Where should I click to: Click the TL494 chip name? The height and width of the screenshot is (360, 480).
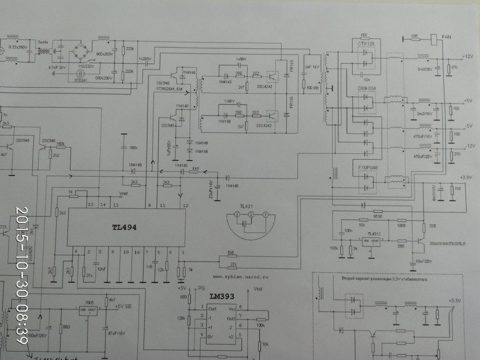(124, 227)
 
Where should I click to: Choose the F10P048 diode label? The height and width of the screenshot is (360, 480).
(365, 167)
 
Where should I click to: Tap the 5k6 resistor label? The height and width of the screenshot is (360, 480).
(230, 253)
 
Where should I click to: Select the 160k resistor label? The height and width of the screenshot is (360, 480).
(60, 144)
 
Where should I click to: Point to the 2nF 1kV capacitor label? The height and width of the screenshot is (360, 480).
(311, 68)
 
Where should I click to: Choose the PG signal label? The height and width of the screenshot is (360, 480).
(201, 288)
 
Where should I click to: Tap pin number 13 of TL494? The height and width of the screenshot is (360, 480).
(90, 205)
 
